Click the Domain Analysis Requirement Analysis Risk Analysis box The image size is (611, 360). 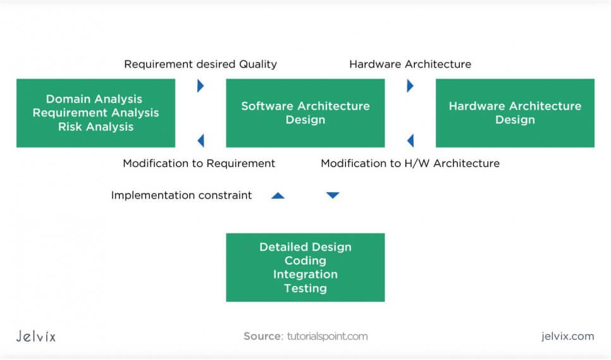pos(96,113)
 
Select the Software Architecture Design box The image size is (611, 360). pos(305,113)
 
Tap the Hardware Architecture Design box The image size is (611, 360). pos(515,113)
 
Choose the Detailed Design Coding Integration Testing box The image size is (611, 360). pos(305,267)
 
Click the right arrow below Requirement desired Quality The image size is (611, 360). pos(201,86)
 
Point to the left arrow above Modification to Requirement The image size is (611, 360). pos(201,140)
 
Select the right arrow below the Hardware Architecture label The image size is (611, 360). pos(410,86)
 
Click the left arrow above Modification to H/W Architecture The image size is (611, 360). pos(410,140)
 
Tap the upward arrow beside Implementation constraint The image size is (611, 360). pos(278,196)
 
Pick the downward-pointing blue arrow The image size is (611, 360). pos(333,196)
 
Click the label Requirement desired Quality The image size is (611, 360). pos(201,64)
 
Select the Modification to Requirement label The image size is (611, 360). pos(199,163)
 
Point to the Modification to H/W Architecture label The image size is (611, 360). pos(410,163)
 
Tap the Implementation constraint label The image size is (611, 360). pos(182,196)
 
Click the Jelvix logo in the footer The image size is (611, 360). pos(36,336)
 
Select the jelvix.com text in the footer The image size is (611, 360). pos(567,336)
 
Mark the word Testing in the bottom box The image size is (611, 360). pos(305,289)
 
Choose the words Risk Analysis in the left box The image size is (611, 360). pos(96,127)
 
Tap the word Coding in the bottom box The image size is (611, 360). pos(305,261)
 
